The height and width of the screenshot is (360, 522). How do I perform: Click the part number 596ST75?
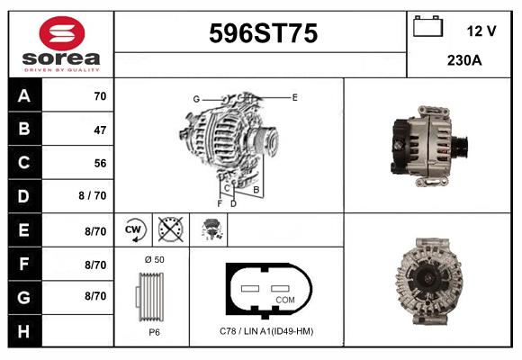[x=262, y=34]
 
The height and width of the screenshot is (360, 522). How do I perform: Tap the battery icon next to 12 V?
[x=427, y=28]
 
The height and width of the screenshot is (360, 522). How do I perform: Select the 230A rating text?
[x=463, y=60]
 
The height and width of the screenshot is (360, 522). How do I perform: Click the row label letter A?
[x=23, y=95]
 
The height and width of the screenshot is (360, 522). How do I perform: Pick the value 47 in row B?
[x=99, y=130]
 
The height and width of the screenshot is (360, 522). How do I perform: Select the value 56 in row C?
[x=99, y=163]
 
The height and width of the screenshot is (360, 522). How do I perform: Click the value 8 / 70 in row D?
[x=93, y=196]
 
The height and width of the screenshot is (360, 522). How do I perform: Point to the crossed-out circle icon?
[x=169, y=229]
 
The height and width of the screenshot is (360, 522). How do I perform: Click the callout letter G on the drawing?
[x=195, y=98]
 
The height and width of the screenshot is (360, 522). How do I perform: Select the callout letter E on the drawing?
[x=294, y=96]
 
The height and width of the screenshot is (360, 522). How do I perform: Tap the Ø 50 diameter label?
[x=153, y=259]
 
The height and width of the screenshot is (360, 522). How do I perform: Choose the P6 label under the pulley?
[x=154, y=330]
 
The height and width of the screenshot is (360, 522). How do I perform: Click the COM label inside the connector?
[x=284, y=299]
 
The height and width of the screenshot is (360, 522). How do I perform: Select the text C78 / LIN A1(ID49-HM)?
[x=266, y=330]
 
